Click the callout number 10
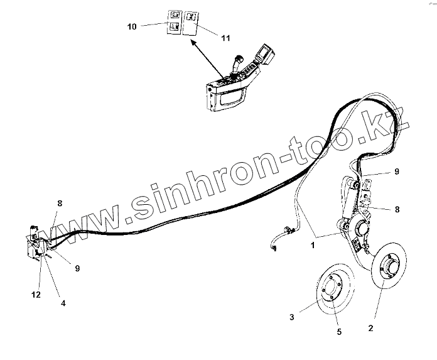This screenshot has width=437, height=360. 132,27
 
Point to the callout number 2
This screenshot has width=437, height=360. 370,327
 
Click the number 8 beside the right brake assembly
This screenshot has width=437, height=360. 396,209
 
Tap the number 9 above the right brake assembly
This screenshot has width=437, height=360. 396,171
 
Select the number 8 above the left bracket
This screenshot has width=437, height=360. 60,204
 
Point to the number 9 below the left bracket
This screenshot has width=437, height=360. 77,268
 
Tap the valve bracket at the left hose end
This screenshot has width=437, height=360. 36,243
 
